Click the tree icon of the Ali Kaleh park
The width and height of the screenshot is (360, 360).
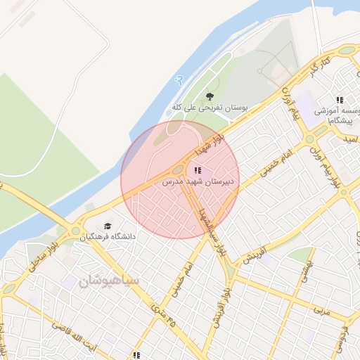click(209, 96)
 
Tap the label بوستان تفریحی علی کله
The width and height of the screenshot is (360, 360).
click(211, 108)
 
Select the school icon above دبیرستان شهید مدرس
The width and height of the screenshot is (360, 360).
click(198, 170)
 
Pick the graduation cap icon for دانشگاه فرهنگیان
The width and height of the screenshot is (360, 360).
click(108, 226)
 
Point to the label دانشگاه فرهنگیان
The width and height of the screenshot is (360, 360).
click(108, 237)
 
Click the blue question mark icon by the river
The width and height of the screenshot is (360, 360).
click(180, 79)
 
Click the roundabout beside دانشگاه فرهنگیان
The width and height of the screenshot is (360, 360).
click(75, 230)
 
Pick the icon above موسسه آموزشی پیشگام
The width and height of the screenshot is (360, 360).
click(340, 101)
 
